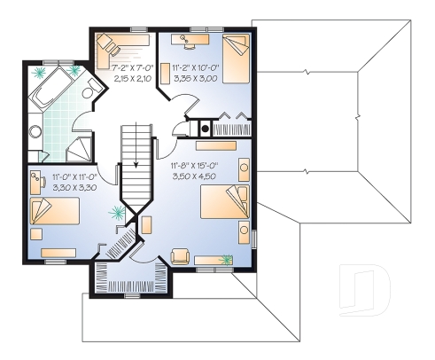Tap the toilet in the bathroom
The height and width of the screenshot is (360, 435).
[89, 96]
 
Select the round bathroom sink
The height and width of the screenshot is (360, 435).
[35, 133]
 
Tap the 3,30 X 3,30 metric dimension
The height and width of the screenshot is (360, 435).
[72, 188]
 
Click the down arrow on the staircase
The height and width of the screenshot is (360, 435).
[136, 164]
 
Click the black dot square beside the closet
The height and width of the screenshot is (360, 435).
[206, 128]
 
